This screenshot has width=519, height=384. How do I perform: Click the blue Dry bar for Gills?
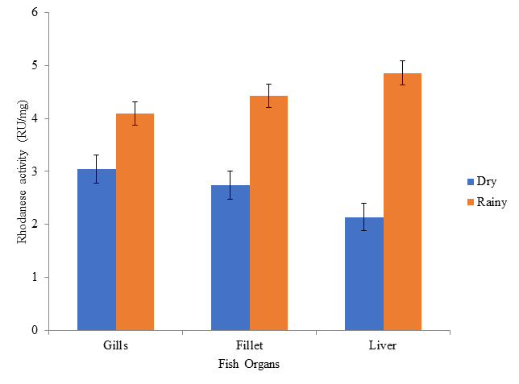(97, 250)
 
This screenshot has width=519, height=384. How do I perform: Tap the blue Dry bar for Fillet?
(230, 258)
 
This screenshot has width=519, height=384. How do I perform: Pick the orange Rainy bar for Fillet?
(268, 213)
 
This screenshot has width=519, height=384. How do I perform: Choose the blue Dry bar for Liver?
(364, 274)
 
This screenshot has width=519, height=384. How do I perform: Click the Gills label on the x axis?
(115, 345)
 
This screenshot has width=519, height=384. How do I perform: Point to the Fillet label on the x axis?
(249, 345)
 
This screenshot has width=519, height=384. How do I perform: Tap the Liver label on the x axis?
(383, 345)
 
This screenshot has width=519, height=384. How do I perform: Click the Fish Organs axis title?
(249, 364)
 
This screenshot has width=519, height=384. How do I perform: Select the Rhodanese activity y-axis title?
(23, 171)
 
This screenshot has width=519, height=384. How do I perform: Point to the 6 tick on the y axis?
(35, 13)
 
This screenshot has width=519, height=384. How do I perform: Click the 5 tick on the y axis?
(35, 66)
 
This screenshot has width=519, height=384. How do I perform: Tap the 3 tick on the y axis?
(35, 171)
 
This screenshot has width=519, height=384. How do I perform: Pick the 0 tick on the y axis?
(35, 330)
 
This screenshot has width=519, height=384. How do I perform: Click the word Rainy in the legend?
(492, 201)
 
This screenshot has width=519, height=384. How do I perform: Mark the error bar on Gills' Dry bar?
(97, 168)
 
